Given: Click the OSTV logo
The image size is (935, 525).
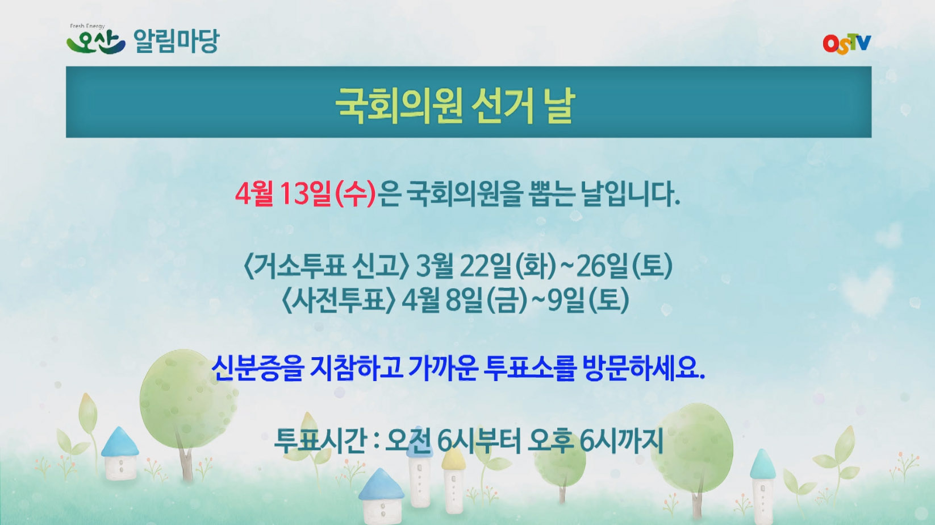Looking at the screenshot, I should (846, 44).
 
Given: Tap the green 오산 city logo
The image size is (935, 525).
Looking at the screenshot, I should (95, 42).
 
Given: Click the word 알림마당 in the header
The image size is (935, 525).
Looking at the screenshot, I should (176, 41).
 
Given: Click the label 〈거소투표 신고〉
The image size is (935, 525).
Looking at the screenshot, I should (326, 266).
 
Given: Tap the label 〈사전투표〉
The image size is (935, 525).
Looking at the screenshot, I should (339, 300).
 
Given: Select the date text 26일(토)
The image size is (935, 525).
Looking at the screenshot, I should (624, 266).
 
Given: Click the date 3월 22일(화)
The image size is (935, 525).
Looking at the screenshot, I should (486, 266).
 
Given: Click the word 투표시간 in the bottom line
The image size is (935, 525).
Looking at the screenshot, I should (319, 440).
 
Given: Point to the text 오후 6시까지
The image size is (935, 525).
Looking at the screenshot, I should (595, 440).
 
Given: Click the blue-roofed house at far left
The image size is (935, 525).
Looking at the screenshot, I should (120, 453).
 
